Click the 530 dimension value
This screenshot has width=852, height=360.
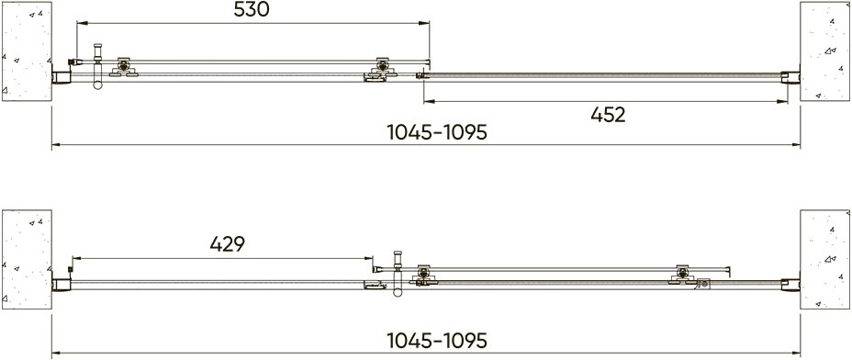(x=252, y=9)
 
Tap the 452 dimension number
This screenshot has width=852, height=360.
(x=608, y=115)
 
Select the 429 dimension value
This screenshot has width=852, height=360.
(x=228, y=244)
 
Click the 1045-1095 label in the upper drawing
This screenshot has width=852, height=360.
(x=437, y=132)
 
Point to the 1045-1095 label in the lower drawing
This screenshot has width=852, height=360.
(x=437, y=341)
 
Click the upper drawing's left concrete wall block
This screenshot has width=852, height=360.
(x=27, y=51)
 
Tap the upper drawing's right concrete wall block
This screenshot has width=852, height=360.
(x=824, y=51)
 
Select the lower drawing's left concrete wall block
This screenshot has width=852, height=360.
(x=27, y=259)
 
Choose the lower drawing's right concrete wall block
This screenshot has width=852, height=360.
(x=824, y=259)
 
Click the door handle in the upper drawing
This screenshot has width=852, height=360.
(x=98, y=66)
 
